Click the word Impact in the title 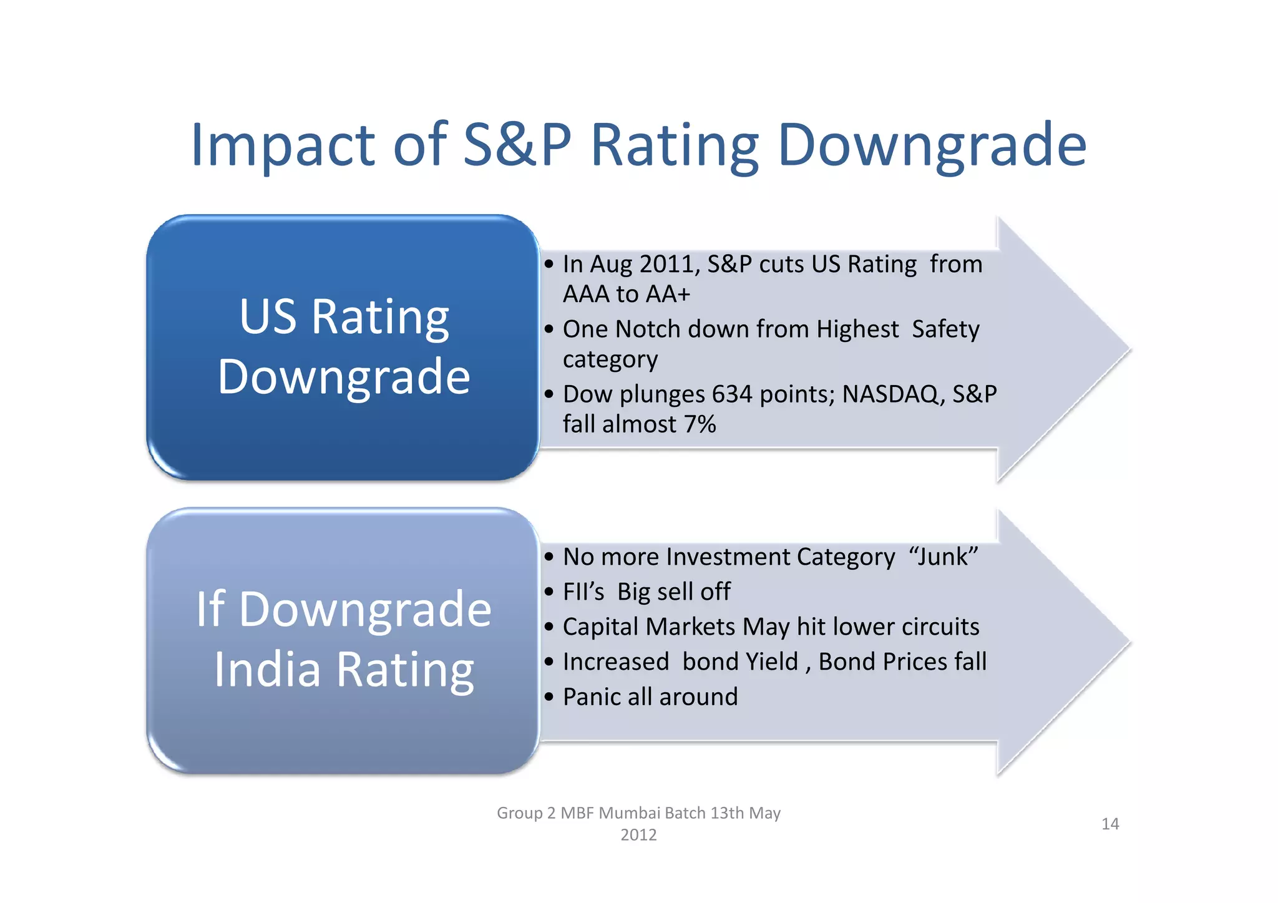pos(282,146)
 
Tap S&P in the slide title pos(517,145)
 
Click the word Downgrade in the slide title pos(932,146)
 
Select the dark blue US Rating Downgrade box pos(343,347)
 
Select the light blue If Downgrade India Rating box pos(343,640)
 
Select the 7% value pos(700,425)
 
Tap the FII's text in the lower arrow pos(583,592)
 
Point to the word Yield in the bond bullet pos(768,661)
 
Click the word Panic pos(592,697)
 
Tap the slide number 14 pos(1110,824)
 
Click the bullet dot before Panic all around pos(549,697)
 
